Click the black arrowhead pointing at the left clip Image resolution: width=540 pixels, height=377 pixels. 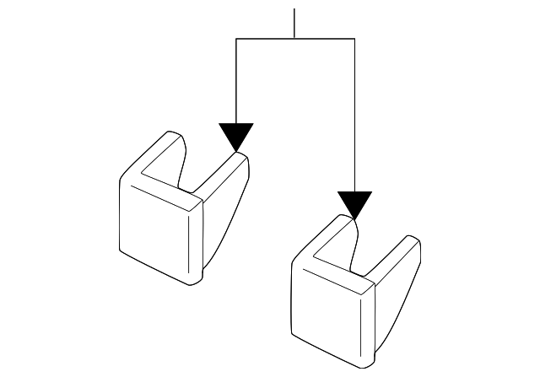pyautogui.click(x=235, y=136)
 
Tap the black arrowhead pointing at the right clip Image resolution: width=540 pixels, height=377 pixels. pyautogui.click(x=354, y=204)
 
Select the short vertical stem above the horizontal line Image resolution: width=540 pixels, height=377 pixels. pyautogui.click(x=294, y=24)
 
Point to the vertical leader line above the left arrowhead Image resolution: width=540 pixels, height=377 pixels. pyautogui.click(x=236, y=80)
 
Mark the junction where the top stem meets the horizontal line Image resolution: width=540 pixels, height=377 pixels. pyautogui.click(x=294, y=39)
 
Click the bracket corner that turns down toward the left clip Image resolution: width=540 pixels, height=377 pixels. pyautogui.click(x=236, y=39)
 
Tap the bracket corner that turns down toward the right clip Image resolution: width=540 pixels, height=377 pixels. pyautogui.click(x=354, y=39)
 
